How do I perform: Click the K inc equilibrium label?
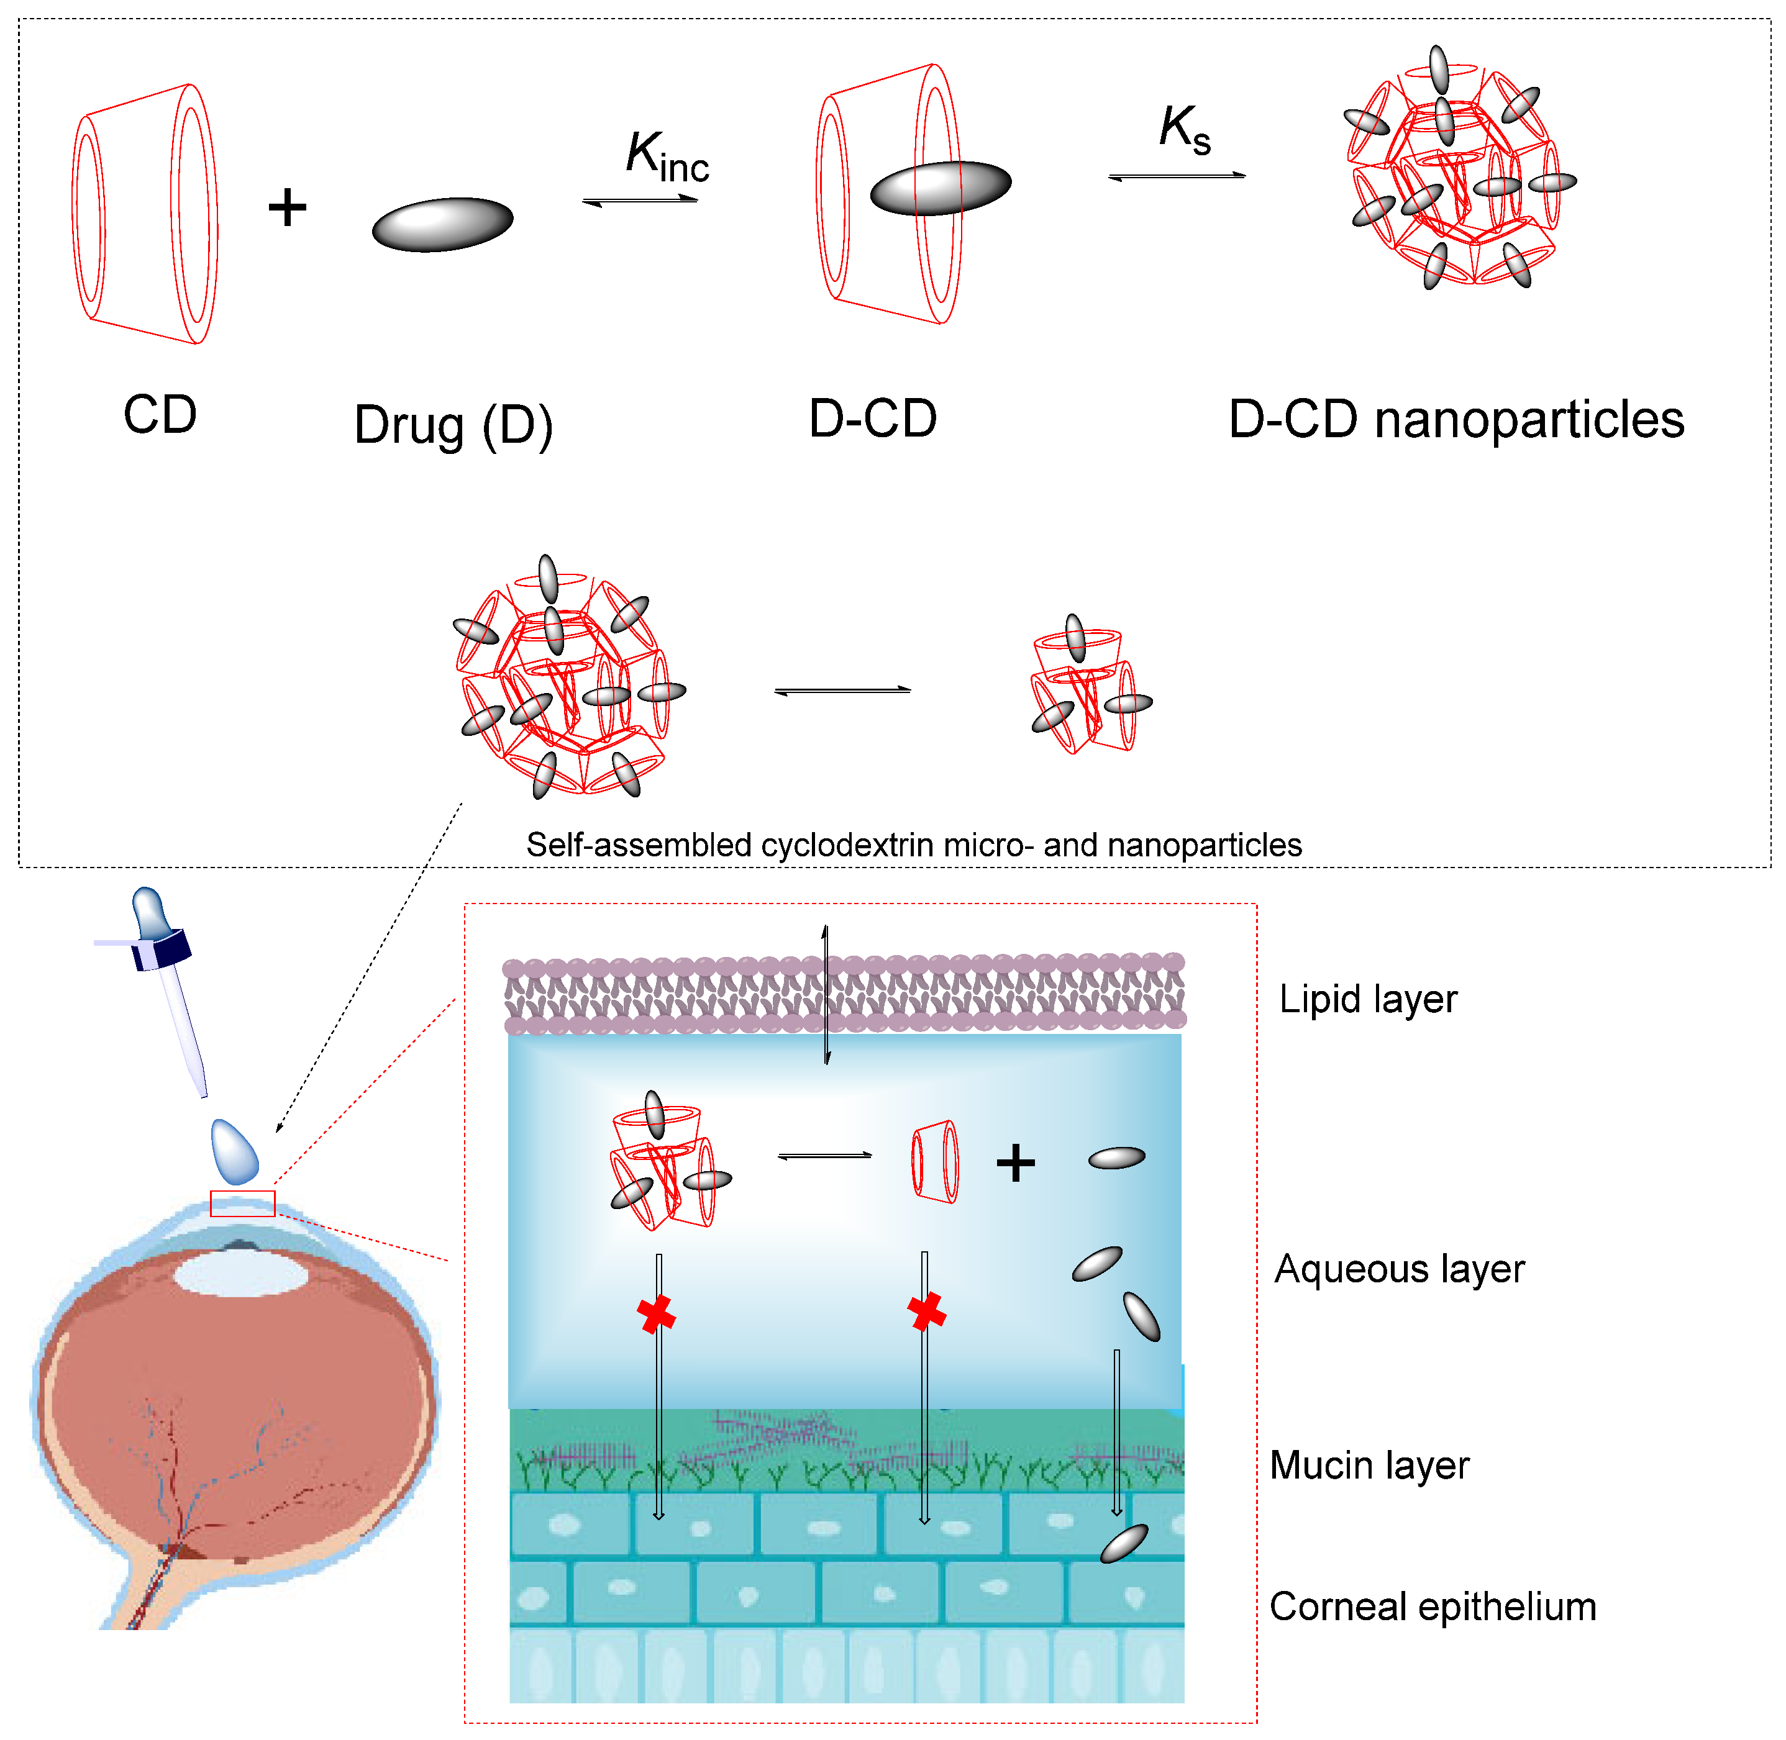667,157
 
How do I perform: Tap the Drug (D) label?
453,426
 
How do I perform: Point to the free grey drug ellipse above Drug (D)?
442,224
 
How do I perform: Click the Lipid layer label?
1367,999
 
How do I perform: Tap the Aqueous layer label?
1398,1269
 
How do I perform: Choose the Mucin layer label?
1369,1465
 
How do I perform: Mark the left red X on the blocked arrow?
655,1314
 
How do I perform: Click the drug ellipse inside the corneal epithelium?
1123,1544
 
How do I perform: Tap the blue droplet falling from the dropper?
235,1151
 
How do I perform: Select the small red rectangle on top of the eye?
242,1203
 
